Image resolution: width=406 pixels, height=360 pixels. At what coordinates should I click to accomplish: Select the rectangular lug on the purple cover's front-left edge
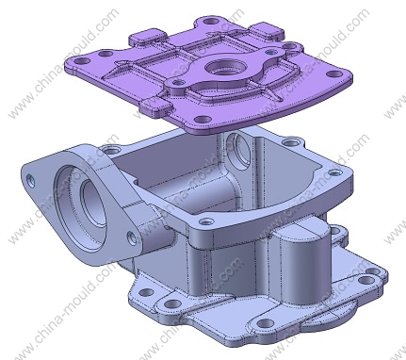click(156, 106)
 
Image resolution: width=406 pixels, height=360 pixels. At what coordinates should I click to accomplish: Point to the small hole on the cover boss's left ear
click(179, 82)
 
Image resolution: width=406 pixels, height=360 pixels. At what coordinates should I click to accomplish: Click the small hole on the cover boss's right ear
click(270, 53)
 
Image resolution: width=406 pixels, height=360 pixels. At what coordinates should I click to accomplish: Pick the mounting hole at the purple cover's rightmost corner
click(334, 74)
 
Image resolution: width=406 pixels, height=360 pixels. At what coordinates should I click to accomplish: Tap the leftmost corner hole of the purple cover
click(82, 60)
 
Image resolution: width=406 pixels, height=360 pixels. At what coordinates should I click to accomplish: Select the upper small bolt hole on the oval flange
click(31, 181)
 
